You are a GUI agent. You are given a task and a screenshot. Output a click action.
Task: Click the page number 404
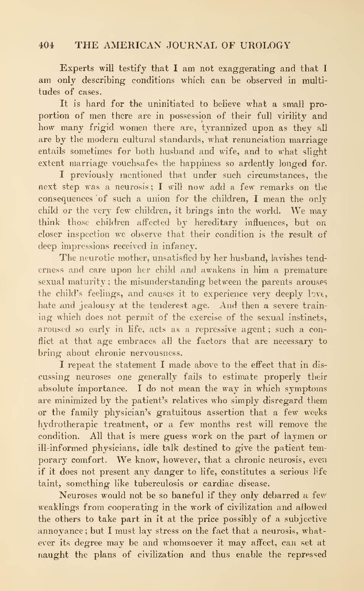click(46, 45)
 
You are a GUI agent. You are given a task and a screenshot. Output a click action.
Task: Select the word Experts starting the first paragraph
click(77, 69)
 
